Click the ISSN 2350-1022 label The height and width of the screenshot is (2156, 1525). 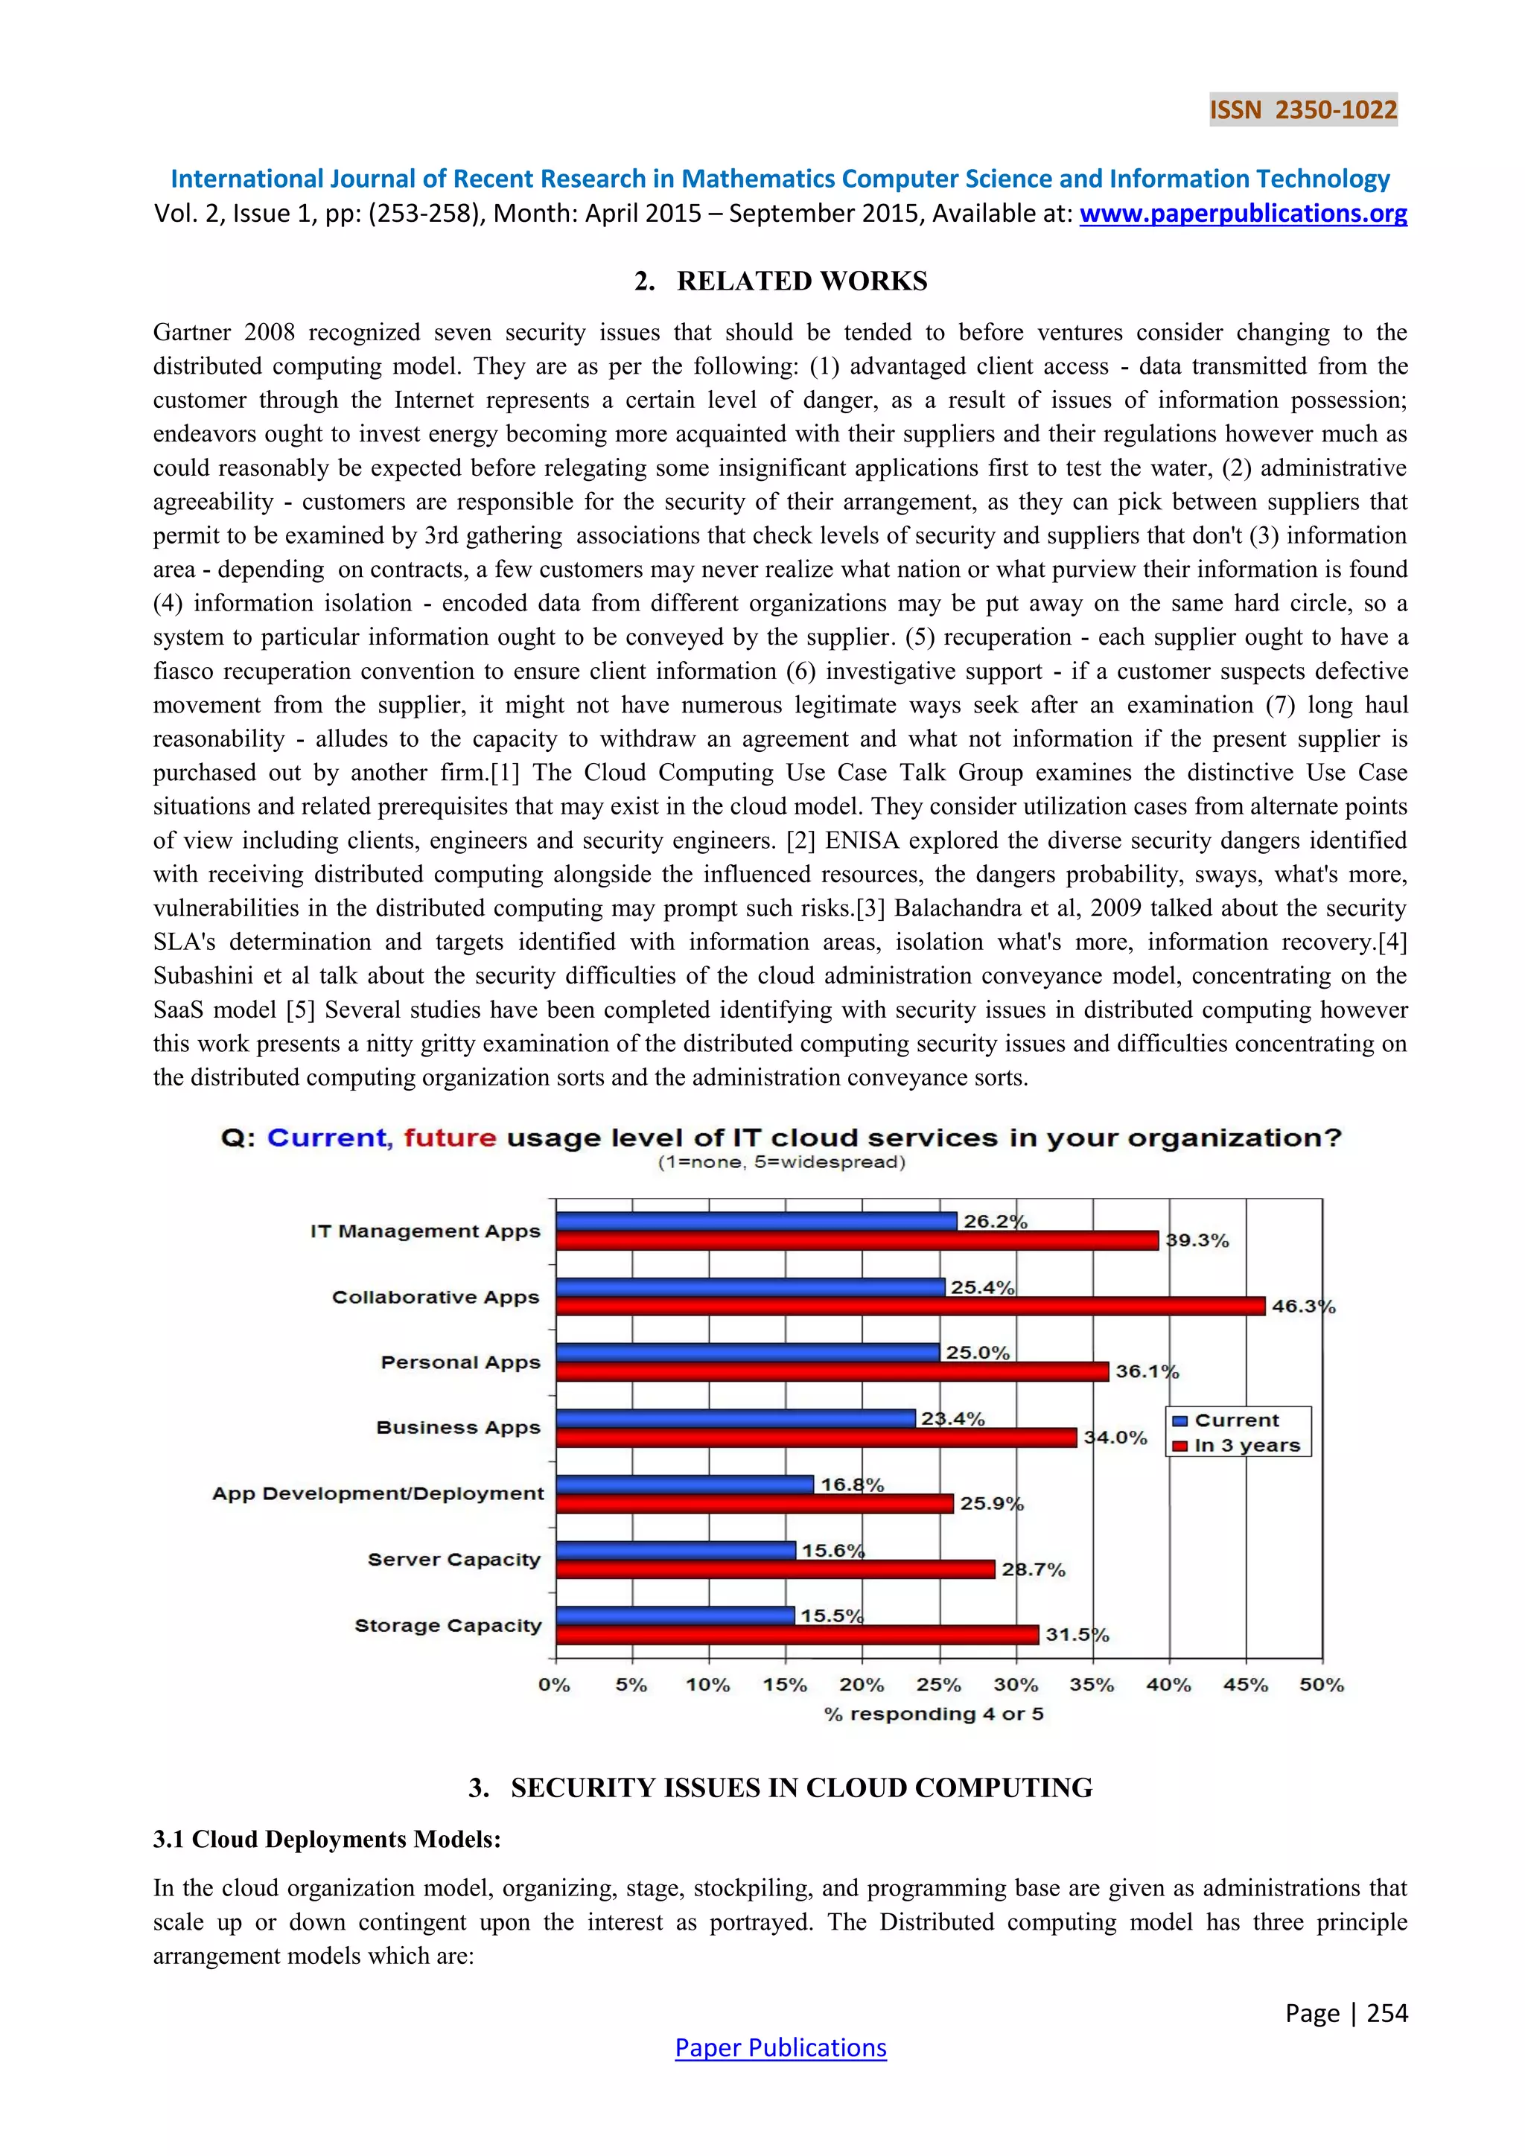1302,110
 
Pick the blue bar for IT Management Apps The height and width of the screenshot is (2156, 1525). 756,1221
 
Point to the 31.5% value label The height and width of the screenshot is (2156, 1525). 1076,1635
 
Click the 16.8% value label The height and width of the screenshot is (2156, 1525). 852,1484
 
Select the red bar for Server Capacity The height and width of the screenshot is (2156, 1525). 774,1569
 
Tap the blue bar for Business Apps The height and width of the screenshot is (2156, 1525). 735,1418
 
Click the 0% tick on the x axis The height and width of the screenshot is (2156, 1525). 555,1685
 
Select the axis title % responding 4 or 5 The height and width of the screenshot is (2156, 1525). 934,1714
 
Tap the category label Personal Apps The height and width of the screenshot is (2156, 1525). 460,1362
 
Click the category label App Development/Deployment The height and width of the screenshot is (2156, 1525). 378,1494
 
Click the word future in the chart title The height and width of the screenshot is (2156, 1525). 450,1138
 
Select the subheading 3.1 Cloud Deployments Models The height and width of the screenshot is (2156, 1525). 327,1839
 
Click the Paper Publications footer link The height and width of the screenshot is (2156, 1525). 780,2048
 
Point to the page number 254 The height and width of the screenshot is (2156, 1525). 1387,2013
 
